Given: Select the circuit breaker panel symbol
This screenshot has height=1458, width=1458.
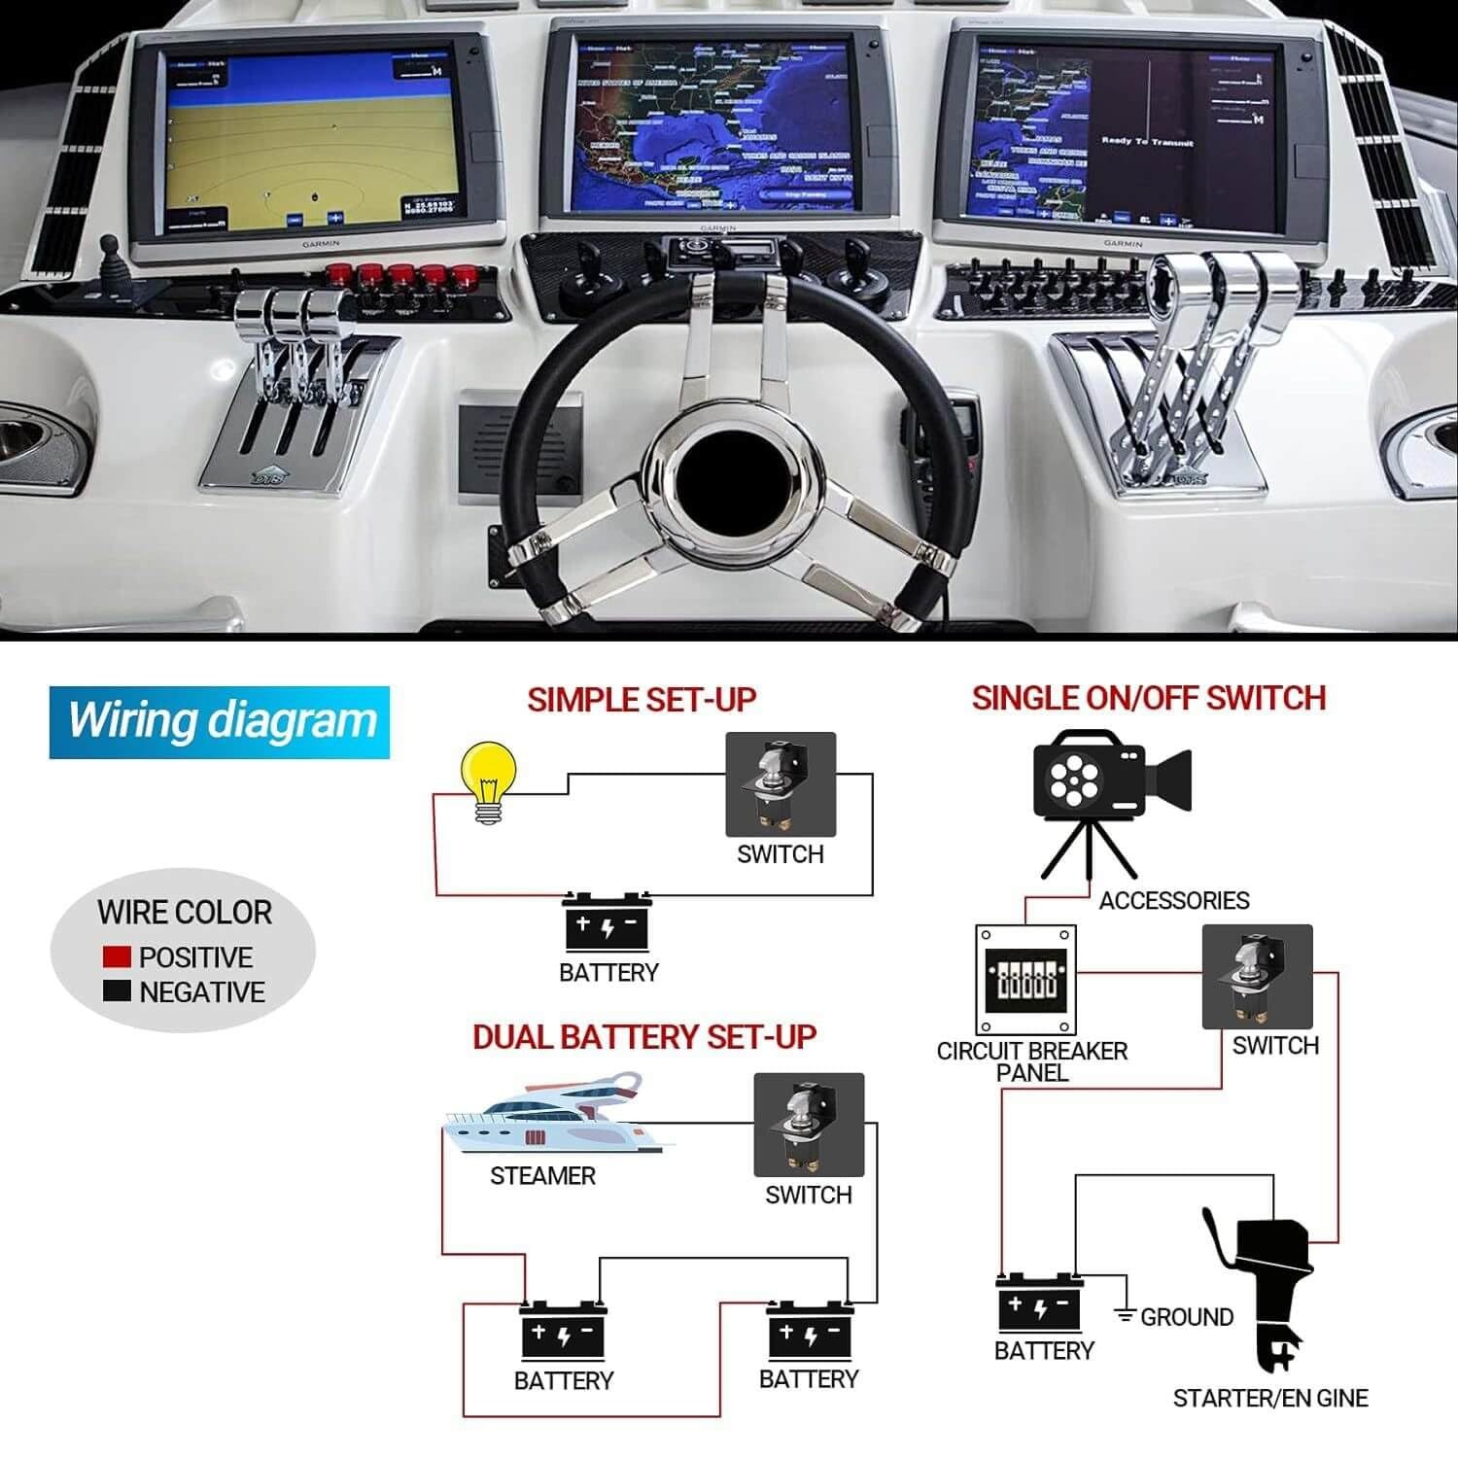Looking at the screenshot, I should [1025, 980].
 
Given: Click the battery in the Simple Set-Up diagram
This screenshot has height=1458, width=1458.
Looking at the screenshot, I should [607, 921].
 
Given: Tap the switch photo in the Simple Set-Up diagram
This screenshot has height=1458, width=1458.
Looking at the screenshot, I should [781, 784].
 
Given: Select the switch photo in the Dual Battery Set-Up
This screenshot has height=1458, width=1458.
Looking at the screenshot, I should [809, 1125].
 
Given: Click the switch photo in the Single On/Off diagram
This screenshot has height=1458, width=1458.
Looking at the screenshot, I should [1257, 977].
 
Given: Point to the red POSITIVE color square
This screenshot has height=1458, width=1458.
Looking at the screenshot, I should [117, 956].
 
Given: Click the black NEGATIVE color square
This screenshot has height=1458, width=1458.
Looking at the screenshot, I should [117, 991].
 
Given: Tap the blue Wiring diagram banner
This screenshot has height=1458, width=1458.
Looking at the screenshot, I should [220, 722].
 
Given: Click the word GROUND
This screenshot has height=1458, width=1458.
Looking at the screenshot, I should [1187, 1317].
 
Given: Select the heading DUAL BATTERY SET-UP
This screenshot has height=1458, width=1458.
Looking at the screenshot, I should [643, 1037].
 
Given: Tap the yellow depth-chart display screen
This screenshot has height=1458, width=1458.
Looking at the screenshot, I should [309, 146].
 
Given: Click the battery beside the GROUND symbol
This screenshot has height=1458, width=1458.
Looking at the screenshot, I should [1039, 1302].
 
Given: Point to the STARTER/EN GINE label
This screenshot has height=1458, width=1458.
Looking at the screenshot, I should [1269, 1398].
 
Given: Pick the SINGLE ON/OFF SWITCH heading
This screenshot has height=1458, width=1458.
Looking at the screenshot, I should [1149, 698].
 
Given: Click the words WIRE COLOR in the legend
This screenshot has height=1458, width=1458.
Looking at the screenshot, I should [185, 913].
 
